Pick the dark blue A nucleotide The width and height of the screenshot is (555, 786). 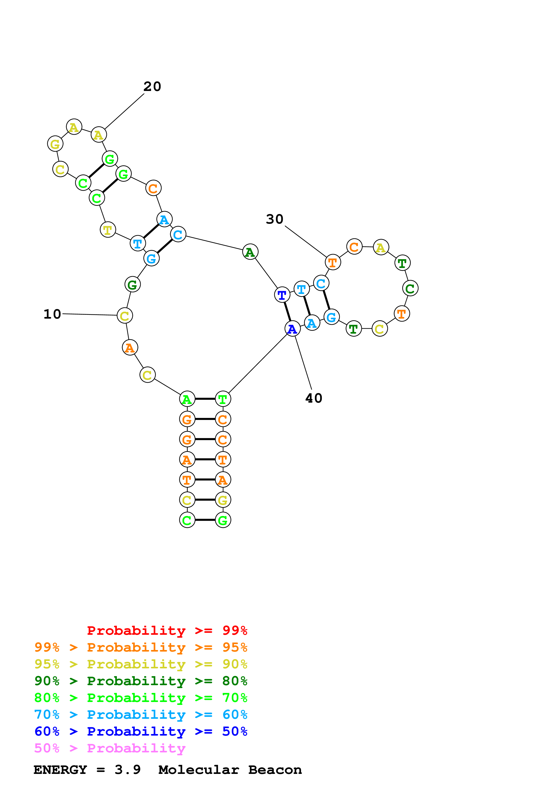pos(292,329)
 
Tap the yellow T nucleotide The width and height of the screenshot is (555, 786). pos(108,229)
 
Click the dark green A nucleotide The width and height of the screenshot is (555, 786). pos(250,252)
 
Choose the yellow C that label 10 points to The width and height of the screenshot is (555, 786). pos(124,315)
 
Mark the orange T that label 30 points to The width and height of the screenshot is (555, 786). pos(332,262)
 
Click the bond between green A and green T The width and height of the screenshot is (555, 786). pos(205,399)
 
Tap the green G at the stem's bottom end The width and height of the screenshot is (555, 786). pos(223,520)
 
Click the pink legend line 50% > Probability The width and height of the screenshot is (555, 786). pos(110,748)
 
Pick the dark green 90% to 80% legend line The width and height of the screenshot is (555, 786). pos(141,681)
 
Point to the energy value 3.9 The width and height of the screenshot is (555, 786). pos(128,770)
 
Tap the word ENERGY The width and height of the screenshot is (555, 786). pos(60,770)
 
